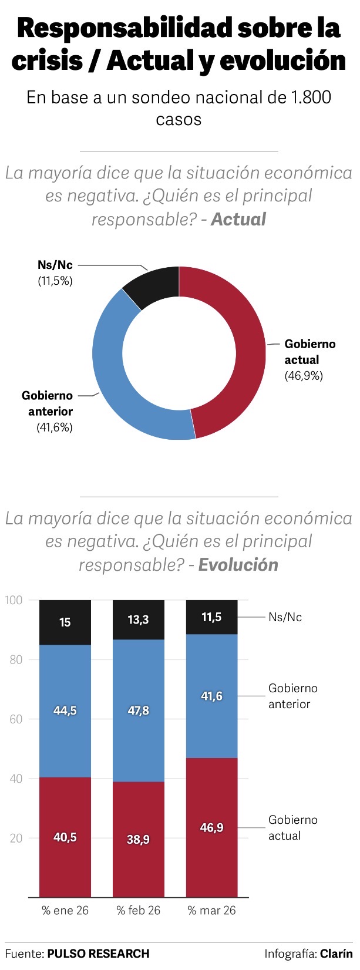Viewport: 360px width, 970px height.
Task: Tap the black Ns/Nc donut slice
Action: point(154,283)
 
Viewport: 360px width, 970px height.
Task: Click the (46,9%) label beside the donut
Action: point(304,376)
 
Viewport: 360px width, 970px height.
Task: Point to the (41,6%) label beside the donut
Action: point(55,427)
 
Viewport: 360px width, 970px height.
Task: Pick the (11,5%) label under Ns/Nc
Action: point(55,281)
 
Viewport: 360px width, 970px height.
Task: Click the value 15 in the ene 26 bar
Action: point(65,622)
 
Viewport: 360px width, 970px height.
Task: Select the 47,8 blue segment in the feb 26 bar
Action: point(139,710)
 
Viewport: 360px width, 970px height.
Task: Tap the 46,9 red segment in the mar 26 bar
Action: point(212,827)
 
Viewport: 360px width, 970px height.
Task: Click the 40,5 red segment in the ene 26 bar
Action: point(65,837)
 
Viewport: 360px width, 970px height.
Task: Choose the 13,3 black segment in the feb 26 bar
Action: point(139,619)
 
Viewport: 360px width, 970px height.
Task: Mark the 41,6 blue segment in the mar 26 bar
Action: point(212,696)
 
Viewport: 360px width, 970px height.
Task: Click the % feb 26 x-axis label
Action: point(139,910)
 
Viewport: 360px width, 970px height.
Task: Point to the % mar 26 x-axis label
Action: point(212,910)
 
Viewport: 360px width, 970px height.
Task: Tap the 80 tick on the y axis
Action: point(16,659)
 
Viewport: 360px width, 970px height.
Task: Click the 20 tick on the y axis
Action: point(16,838)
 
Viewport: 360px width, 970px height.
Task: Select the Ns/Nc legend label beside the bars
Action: point(285,617)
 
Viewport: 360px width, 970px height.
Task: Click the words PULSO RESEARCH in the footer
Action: point(98,954)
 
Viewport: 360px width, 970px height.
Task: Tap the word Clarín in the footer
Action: point(337,954)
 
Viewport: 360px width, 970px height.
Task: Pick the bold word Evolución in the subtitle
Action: point(238,565)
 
